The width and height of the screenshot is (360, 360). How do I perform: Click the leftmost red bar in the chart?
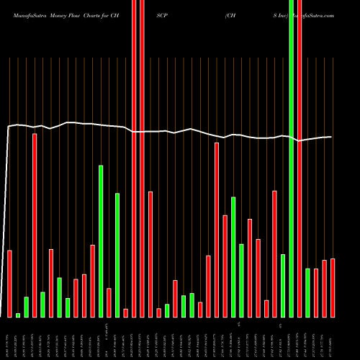[x=10, y=284]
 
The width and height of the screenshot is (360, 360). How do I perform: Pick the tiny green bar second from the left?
[x=18, y=315]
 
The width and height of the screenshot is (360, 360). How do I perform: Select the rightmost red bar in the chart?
[x=333, y=288]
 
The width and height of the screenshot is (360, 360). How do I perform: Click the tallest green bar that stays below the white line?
[x=101, y=241]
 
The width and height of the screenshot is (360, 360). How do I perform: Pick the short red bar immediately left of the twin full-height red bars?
[x=125, y=312]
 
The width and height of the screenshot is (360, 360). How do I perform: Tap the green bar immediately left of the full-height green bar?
[x=283, y=286]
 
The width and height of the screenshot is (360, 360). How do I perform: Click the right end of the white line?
[x=331, y=137]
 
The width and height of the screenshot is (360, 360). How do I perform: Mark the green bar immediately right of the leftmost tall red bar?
[x=42, y=305]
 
